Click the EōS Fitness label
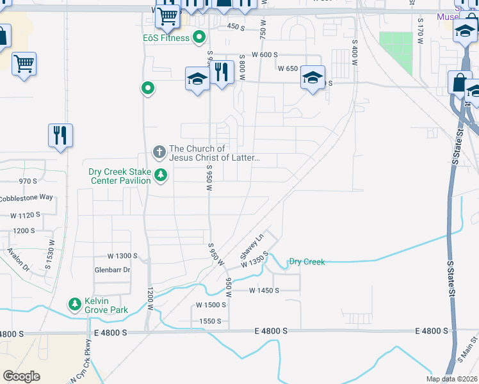[166, 38]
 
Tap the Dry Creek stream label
[307, 262]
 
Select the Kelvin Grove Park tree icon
[76, 303]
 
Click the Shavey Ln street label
[252, 246]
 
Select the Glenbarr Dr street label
[113, 270]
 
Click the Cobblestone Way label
[26, 197]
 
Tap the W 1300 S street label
[122, 256]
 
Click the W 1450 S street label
[264, 291]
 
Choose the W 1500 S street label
[211, 305]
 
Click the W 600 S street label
[264, 55]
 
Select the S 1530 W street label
[51, 250]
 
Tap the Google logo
[21, 376]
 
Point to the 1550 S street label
[210, 321]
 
